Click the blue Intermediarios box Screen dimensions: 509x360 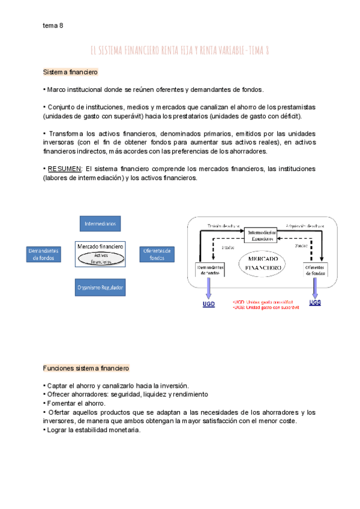coord(101,224)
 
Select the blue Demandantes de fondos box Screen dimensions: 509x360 coord(43,254)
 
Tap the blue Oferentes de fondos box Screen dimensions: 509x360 coord(157,254)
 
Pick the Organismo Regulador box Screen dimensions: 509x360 coord(100,288)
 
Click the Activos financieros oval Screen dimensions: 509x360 coord(101,258)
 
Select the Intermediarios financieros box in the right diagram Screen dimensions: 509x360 coord(261,235)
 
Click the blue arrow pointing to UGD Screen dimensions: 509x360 coord(209,288)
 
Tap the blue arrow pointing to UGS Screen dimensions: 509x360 coord(315,288)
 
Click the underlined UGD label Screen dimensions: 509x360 coord(208,304)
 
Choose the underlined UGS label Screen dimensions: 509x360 coord(315,303)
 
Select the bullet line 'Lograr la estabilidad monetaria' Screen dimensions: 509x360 coord(94,429)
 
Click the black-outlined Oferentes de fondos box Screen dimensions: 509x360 coord(316,270)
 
